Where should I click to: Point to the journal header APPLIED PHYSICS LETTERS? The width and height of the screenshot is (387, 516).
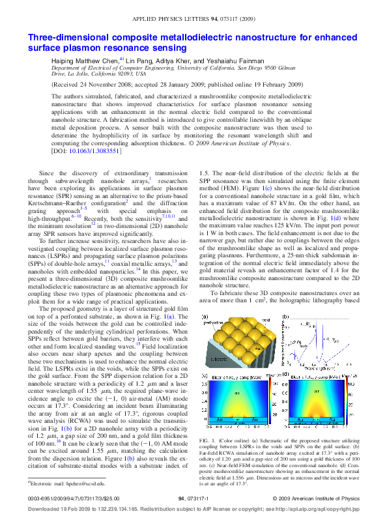(x=174, y=21)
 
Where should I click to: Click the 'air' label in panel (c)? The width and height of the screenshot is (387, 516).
(x=237, y=393)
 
